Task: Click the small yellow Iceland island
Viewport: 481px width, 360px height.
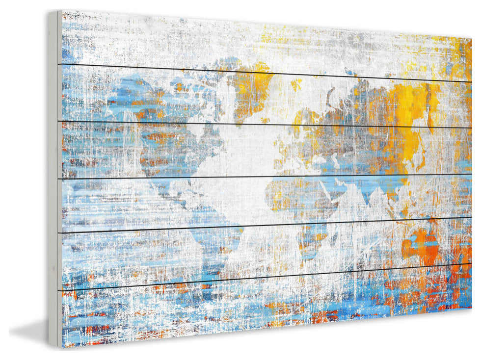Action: (x=296, y=84)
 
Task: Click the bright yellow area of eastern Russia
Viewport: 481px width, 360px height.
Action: (x=412, y=101)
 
